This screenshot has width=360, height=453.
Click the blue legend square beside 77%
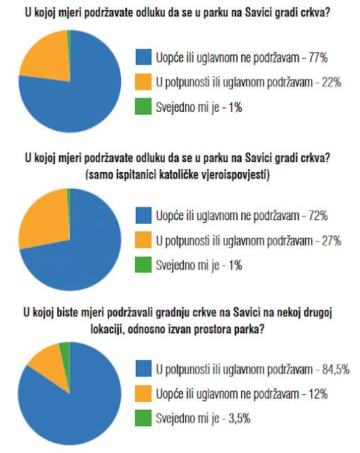coord(144,57)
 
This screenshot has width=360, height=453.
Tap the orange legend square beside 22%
coord(144,82)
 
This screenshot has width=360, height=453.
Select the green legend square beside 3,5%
coord(144,418)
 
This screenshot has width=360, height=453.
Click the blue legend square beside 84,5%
coord(144,369)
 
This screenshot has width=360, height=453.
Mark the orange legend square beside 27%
coord(144,240)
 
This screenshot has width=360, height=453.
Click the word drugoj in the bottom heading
coord(318,313)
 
